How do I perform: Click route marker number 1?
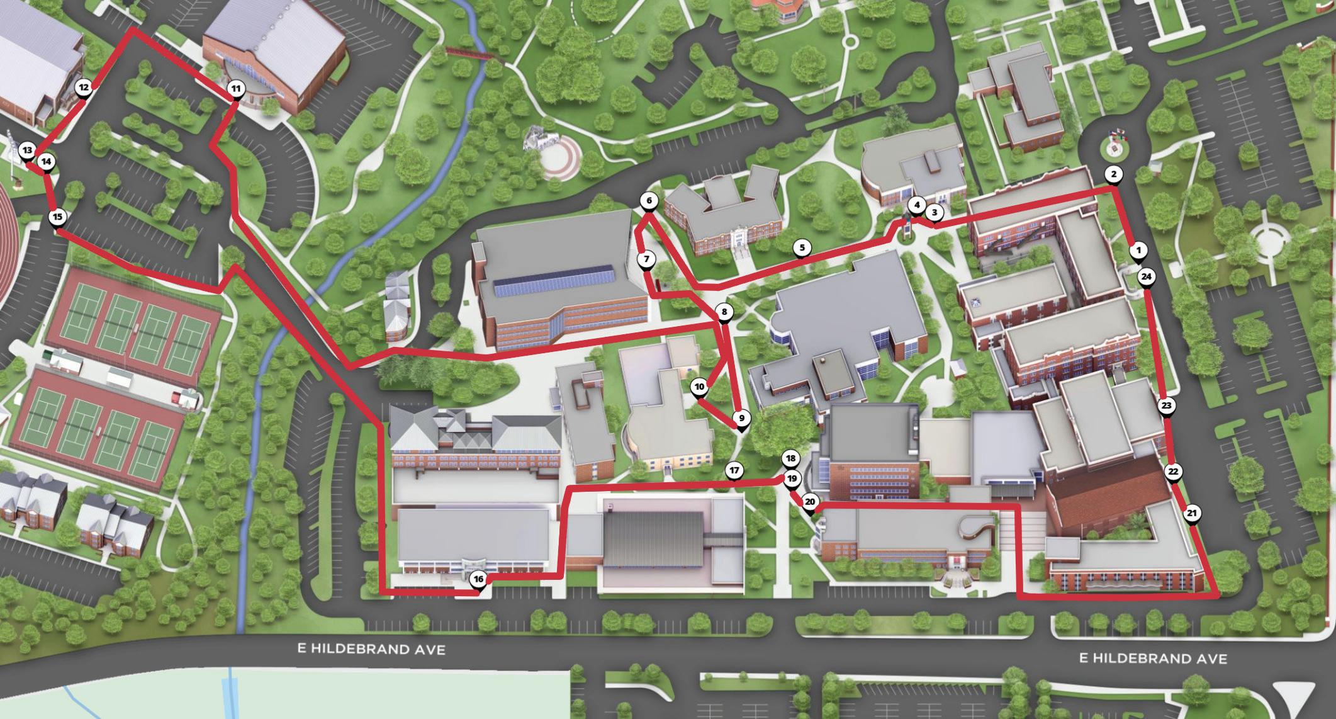pyautogui.click(x=1137, y=250)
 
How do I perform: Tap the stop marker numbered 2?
pyautogui.click(x=1113, y=174)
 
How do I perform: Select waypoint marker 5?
pyautogui.click(x=802, y=247)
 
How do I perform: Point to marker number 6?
pyautogui.click(x=649, y=201)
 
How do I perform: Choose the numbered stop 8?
pyautogui.click(x=724, y=312)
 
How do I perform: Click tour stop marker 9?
pyautogui.click(x=741, y=418)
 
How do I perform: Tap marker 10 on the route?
pyautogui.click(x=699, y=387)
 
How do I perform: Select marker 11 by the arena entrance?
pyautogui.click(x=235, y=89)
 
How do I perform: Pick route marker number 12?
pyautogui.click(x=83, y=88)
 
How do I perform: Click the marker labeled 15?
pyautogui.click(x=57, y=217)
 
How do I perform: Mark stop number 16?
pyautogui.click(x=478, y=579)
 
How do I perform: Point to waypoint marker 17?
pyautogui.click(x=734, y=470)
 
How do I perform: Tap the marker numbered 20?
pyautogui.click(x=810, y=502)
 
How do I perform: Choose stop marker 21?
pyautogui.click(x=1191, y=513)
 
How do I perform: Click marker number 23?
pyautogui.click(x=1165, y=405)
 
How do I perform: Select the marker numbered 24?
pyautogui.click(x=1146, y=276)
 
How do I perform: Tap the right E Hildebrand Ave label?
pyautogui.click(x=1153, y=658)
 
